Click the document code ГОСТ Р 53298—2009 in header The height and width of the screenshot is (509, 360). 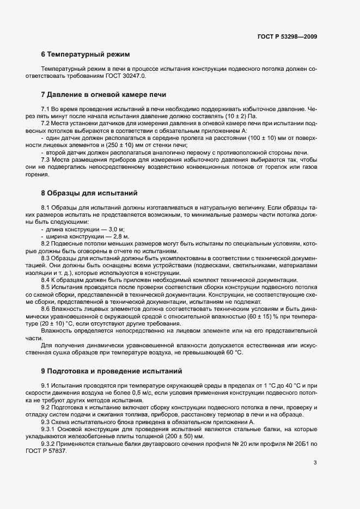coord(286,36)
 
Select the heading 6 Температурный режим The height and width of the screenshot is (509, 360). coord(86,54)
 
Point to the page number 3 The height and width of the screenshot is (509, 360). coord(314,463)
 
